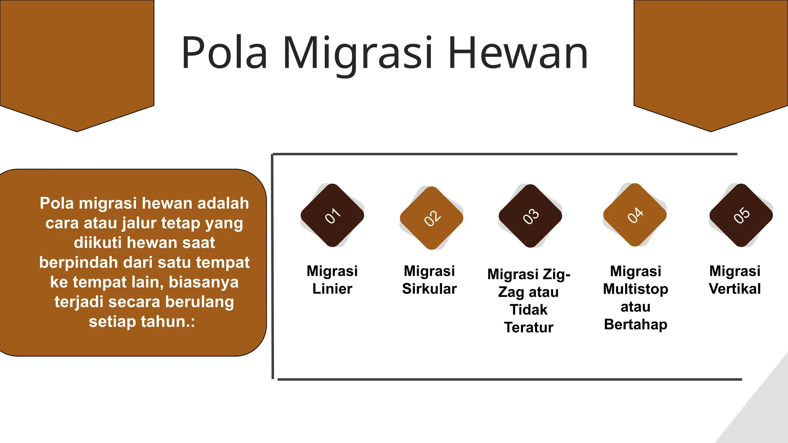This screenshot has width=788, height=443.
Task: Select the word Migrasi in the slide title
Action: pyautogui.click(x=358, y=54)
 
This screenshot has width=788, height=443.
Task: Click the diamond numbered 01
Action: pyautogui.click(x=332, y=215)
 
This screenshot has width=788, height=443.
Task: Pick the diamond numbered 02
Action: pyautogui.click(x=431, y=218)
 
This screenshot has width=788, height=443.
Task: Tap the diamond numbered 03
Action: pyautogui.click(x=530, y=216)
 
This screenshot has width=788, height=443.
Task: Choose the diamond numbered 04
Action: pyautogui.click(x=635, y=215)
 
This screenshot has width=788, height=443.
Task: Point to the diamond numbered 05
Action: pyautogui.click(x=741, y=215)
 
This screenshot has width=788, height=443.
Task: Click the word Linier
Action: pyautogui.click(x=332, y=289)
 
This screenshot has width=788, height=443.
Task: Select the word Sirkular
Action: pyautogui.click(x=429, y=289)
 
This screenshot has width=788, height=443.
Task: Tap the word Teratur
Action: pyautogui.click(x=529, y=327)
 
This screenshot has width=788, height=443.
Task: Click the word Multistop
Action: pyautogui.click(x=636, y=289)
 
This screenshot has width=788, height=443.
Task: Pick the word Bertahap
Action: pyautogui.click(x=636, y=325)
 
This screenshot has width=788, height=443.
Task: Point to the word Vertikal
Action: pyautogui.click(x=735, y=289)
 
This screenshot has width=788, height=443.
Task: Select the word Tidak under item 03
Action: pyautogui.click(x=529, y=310)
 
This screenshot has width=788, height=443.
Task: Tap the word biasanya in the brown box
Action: pyautogui.click(x=204, y=282)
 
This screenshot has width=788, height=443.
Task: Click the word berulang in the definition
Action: pyautogui.click(x=199, y=302)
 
